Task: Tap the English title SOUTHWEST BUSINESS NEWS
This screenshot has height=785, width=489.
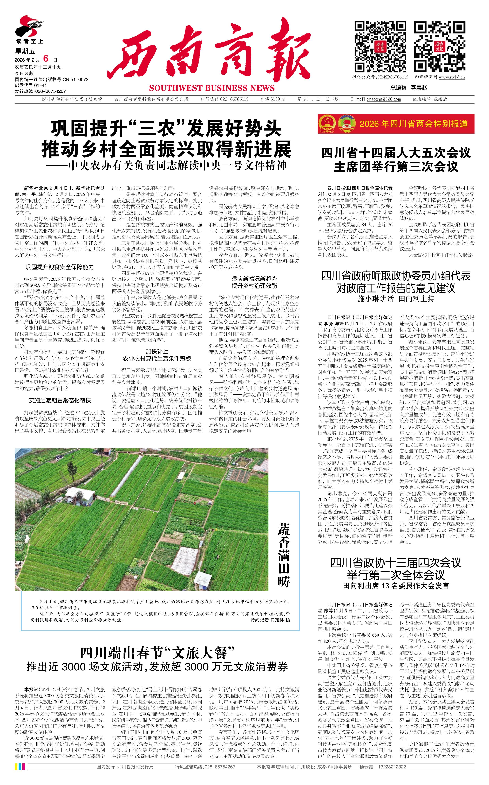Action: (212, 88)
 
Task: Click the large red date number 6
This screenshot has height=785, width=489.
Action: (46, 58)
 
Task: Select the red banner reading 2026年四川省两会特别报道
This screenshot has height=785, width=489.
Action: (396, 124)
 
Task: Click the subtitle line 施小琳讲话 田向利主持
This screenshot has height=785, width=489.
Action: (396, 299)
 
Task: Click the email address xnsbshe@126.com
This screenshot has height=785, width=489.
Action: (384, 99)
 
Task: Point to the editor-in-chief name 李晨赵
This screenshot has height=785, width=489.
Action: (419, 88)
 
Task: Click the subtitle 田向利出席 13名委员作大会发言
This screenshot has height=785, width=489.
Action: (396, 586)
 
